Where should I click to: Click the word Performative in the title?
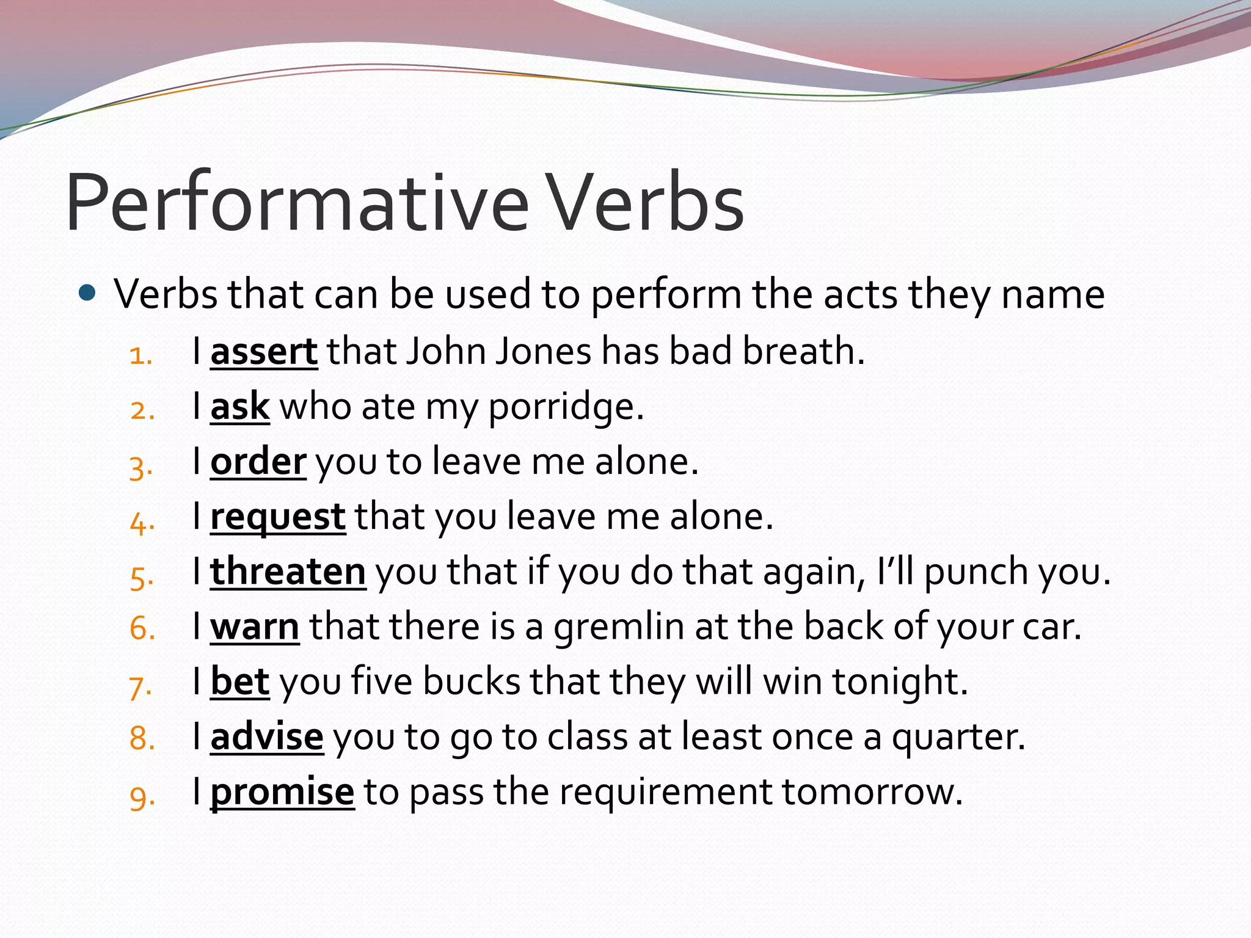pyautogui.click(x=296, y=203)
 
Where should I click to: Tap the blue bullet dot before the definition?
pyautogui.click(x=88, y=294)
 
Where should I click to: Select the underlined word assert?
pyautogui.click(x=264, y=352)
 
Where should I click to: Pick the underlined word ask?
pyautogui.click(x=239, y=407)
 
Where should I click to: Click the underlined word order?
pyautogui.click(x=258, y=462)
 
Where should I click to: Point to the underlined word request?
pyautogui.click(x=278, y=517)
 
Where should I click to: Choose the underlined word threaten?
pyautogui.click(x=288, y=572)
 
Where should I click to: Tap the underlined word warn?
pyautogui.click(x=255, y=627)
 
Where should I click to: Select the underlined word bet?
pyautogui.click(x=239, y=682)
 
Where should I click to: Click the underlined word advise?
pyautogui.click(x=266, y=737)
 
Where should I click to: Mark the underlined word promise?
pyautogui.click(x=282, y=792)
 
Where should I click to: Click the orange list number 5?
pyautogui.click(x=140, y=577)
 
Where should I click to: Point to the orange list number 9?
pyautogui.click(x=141, y=797)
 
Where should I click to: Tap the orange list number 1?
pyautogui.click(x=140, y=356)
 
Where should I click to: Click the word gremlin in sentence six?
pyautogui.click(x=618, y=627)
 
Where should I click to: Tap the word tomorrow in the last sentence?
pyautogui.click(x=871, y=792)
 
